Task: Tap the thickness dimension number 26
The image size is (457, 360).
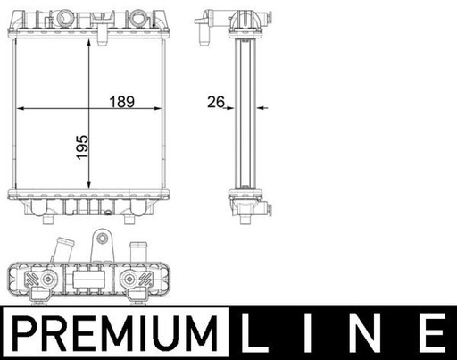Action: [x=214, y=102]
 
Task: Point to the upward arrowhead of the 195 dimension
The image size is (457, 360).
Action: [x=88, y=43]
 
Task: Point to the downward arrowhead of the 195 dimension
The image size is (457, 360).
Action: [x=88, y=185]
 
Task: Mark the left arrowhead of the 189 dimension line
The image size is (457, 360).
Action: [x=21, y=108]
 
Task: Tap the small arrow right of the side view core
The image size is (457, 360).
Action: [x=264, y=108]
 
